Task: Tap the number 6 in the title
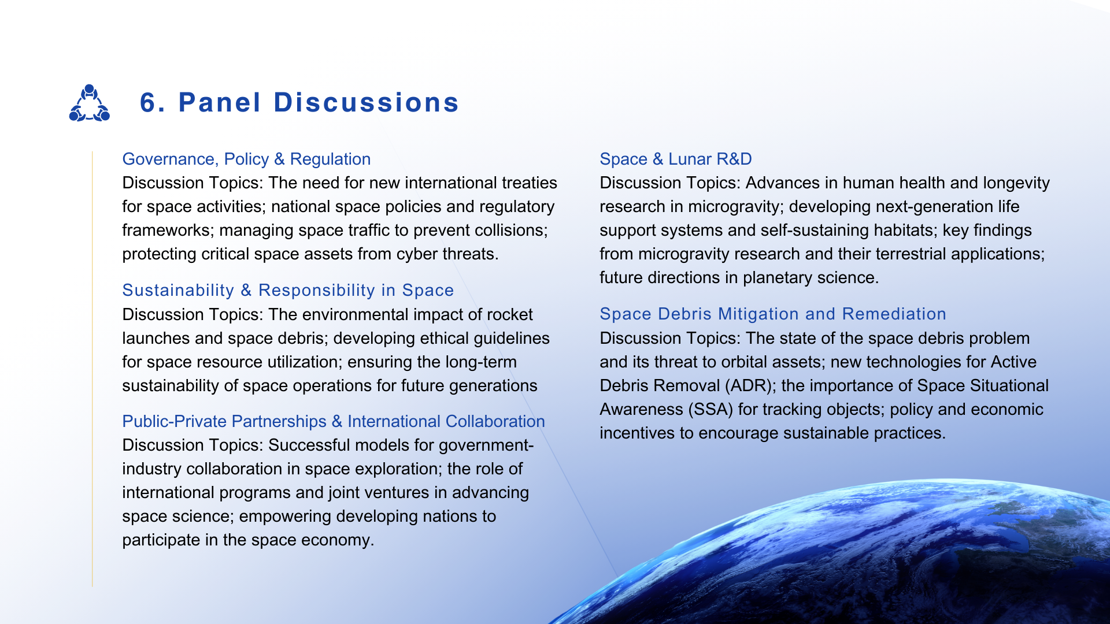(x=149, y=103)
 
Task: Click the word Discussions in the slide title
(x=366, y=103)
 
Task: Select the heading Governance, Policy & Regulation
(x=246, y=159)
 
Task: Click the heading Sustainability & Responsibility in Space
(x=288, y=290)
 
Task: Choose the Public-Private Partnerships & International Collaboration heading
(x=334, y=421)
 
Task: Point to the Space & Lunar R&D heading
(x=676, y=159)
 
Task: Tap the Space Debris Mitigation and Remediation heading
(x=773, y=314)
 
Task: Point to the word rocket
(x=510, y=314)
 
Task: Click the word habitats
(x=905, y=230)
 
